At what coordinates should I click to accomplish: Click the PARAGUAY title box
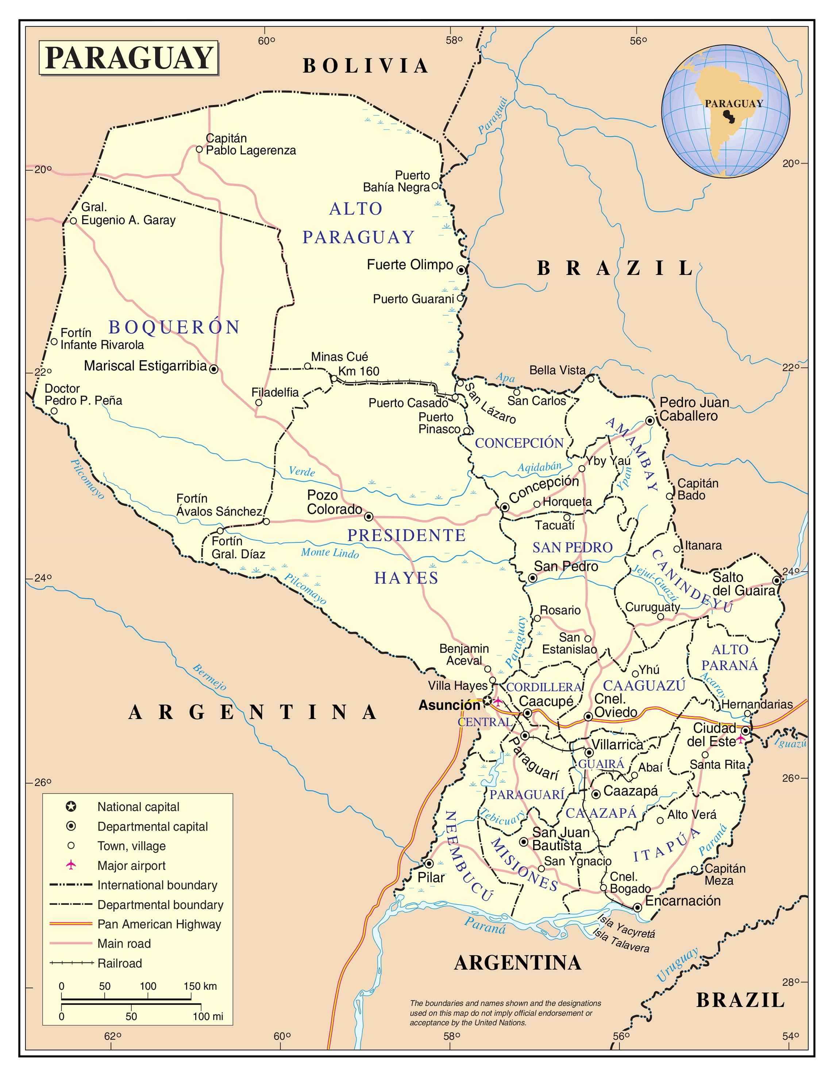pyautogui.click(x=128, y=58)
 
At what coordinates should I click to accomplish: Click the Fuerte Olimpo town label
pyautogui.click(x=409, y=265)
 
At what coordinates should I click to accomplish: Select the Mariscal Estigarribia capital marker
pyautogui.click(x=213, y=369)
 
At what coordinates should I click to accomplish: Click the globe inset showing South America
pyautogui.click(x=725, y=111)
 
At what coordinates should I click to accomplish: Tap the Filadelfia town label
pyautogui.click(x=275, y=392)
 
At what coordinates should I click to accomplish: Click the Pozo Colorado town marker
pyautogui.click(x=369, y=517)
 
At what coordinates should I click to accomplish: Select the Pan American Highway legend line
pyautogui.click(x=71, y=924)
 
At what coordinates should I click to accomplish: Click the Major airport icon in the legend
pyautogui.click(x=71, y=865)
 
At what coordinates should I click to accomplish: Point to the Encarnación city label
pyautogui.click(x=682, y=901)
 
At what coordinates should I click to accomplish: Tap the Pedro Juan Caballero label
pyautogui.click(x=694, y=409)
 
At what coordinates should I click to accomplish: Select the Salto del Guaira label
pyautogui.click(x=743, y=584)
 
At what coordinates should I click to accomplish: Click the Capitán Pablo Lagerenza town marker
pyautogui.click(x=199, y=149)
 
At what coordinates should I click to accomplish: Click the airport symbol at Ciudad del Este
pyautogui.click(x=740, y=739)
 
